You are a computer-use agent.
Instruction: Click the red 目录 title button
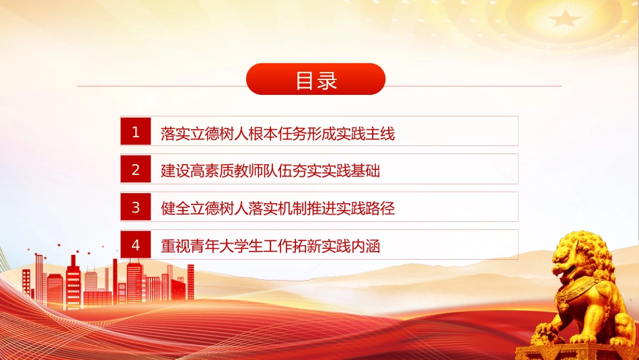point(316,79)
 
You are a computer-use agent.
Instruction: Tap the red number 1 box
point(136,131)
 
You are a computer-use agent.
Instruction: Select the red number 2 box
point(136,169)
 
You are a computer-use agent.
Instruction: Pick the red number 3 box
point(136,207)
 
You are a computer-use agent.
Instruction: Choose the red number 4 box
point(136,245)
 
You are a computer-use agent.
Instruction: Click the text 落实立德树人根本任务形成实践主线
point(278,134)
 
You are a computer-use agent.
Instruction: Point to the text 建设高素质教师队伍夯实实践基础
point(270,171)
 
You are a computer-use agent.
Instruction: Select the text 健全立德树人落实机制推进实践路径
point(278,209)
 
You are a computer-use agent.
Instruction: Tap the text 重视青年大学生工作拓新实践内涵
point(270,246)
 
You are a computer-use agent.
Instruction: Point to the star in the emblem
point(564,19)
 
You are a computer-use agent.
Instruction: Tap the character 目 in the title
point(305,80)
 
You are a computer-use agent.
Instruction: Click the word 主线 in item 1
point(380,134)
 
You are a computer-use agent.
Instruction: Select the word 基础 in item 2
point(365,171)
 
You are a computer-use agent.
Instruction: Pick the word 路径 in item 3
point(380,209)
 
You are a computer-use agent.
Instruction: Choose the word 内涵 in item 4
point(365,246)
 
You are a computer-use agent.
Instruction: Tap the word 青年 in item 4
point(204,246)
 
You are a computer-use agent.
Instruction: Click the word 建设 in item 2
point(176,171)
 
